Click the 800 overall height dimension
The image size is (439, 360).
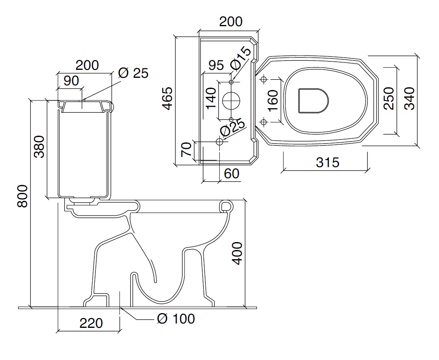pos(23,196)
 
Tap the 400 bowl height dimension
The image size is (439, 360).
pos(237,253)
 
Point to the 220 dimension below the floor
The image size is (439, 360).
pos(91,323)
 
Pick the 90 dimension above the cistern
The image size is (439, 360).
pos(71,81)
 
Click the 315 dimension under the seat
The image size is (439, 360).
pos(327,162)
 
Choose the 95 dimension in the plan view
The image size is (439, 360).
pos(216,65)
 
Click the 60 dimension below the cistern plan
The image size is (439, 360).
pos(232,173)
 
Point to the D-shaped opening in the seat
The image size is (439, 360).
pos(313,100)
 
